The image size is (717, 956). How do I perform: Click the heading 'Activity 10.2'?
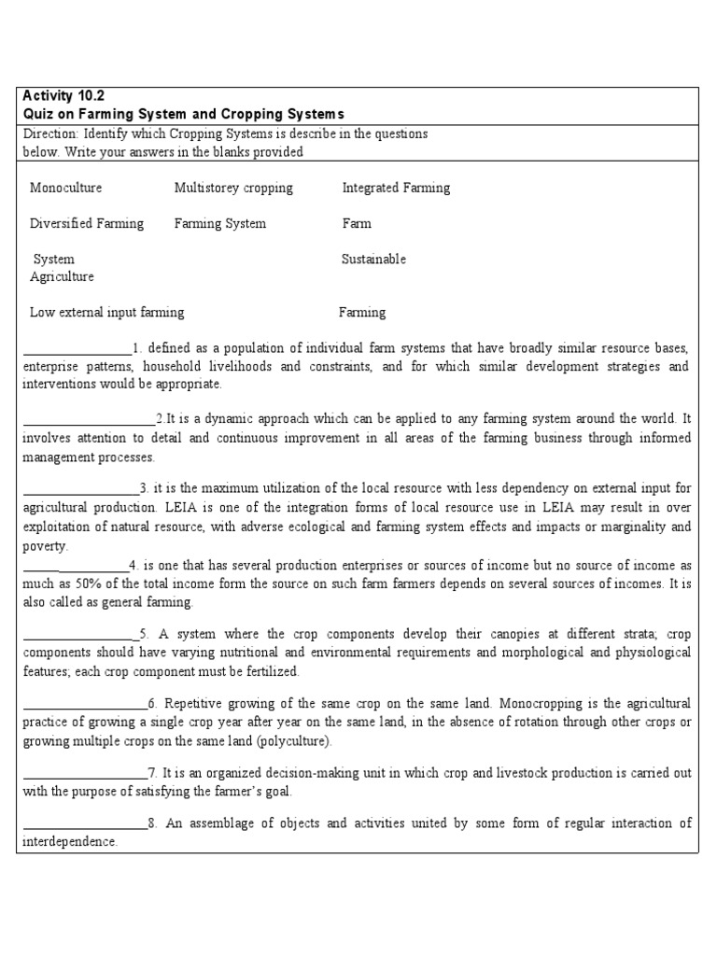tap(64, 97)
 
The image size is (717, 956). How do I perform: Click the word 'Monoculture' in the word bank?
tap(65, 188)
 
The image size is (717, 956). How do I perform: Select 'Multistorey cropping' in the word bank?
tap(232, 188)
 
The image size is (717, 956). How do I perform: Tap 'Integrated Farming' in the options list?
tap(395, 188)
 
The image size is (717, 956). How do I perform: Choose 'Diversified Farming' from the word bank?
tap(87, 223)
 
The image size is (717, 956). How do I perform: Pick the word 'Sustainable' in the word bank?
tap(373, 259)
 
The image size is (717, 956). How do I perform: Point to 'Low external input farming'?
tap(106, 312)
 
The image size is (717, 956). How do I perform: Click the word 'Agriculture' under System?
tap(62, 276)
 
